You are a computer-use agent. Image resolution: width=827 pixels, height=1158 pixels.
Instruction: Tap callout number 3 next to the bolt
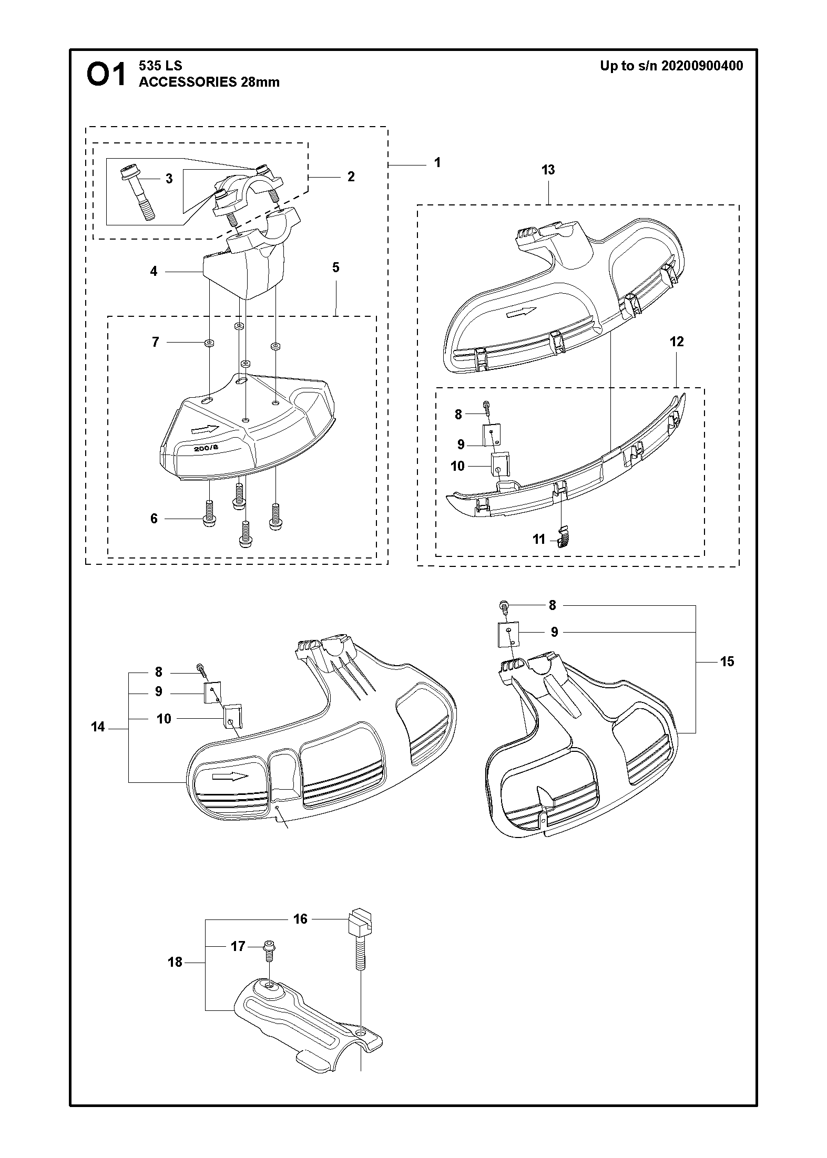[169, 179]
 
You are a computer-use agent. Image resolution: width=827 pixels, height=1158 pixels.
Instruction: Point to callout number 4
[154, 272]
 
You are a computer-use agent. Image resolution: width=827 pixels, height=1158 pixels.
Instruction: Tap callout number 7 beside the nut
[155, 342]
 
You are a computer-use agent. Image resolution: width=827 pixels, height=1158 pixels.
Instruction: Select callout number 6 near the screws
[154, 519]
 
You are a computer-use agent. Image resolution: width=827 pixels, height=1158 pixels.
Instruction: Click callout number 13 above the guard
[548, 170]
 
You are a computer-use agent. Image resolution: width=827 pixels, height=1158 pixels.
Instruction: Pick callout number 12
[677, 342]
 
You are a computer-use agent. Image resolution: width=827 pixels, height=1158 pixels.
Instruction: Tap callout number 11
[539, 539]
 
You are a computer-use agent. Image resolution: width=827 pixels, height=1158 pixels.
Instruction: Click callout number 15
[727, 661]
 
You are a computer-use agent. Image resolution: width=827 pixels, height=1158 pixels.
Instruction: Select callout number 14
[98, 727]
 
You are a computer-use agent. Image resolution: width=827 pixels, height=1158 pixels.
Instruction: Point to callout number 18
[175, 962]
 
